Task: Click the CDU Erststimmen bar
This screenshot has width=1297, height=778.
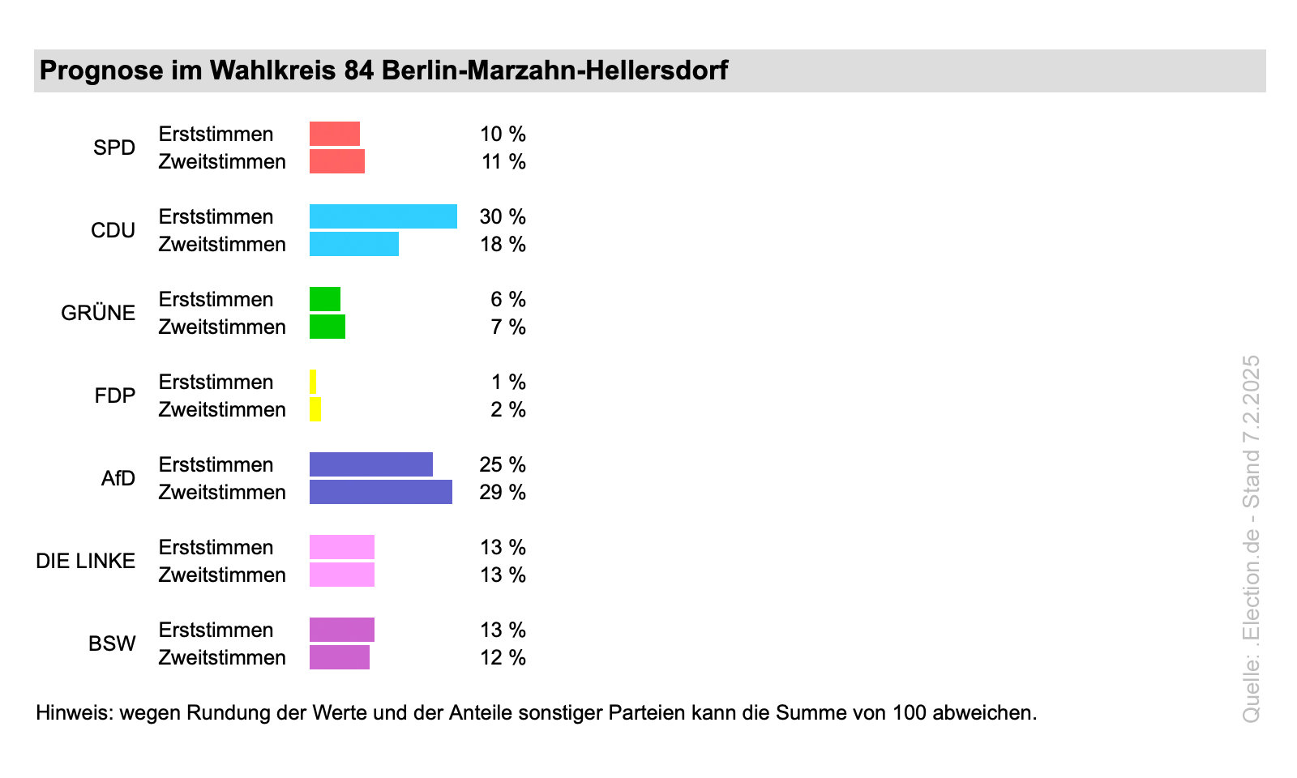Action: (x=383, y=216)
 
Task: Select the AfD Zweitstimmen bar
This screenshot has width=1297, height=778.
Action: (x=380, y=492)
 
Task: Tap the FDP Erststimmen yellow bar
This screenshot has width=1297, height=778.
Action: (x=313, y=382)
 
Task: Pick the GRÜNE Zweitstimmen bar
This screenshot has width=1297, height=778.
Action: (x=327, y=327)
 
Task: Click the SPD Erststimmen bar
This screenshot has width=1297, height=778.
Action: (x=334, y=134)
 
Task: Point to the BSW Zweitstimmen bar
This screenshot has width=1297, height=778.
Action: (x=339, y=657)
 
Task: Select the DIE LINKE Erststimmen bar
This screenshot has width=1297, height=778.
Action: (x=341, y=547)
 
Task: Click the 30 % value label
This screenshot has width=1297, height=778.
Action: (x=503, y=216)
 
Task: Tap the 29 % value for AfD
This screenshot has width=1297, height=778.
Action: (x=503, y=492)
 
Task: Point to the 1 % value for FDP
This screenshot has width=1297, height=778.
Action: (x=508, y=382)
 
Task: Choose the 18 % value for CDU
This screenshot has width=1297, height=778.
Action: (x=503, y=244)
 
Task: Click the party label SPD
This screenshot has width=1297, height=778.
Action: (x=114, y=148)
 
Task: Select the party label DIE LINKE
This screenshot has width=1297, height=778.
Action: (x=85, y=561)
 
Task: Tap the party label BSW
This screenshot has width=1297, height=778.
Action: (x=112, y=643)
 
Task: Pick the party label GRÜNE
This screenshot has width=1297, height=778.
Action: (x=98, y=313)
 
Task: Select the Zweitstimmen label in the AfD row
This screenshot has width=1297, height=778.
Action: (x=222, y=492)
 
